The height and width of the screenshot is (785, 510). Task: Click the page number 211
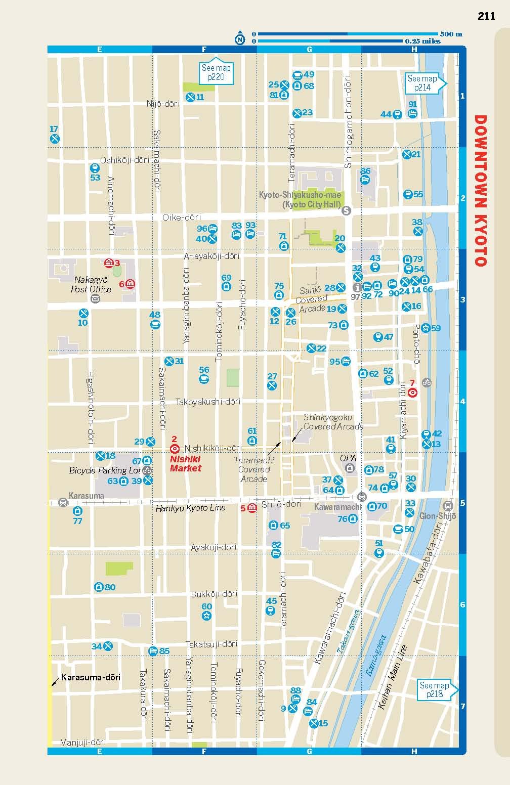(x=486, y=16)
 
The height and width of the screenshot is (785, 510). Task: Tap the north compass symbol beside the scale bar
(x=240, y=38)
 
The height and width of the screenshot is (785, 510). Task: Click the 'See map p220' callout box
(x=216, y=72)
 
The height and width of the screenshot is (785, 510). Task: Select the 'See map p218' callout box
(x=434, y=689)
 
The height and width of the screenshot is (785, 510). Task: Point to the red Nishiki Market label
(x=185, y=464)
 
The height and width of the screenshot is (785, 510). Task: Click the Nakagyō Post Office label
(x=93, y=284)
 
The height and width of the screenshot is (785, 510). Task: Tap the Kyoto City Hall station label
(x=300, y=200)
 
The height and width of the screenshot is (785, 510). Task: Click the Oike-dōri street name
(x=182, y=217)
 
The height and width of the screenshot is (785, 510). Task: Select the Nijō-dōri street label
(x=163, y=104)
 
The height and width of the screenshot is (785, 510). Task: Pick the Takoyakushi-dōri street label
(x=208, y=402)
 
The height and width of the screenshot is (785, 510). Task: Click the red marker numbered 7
(x=412, y=392)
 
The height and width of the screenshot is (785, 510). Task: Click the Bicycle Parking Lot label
(x=105, y=470)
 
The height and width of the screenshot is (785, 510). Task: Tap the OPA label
(x=348, y=458)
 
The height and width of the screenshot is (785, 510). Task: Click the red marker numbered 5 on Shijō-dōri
(x=252, y=508)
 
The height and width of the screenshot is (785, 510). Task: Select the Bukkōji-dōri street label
(x=214, y=594)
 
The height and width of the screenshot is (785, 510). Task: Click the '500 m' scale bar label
(x=451, y=34)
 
